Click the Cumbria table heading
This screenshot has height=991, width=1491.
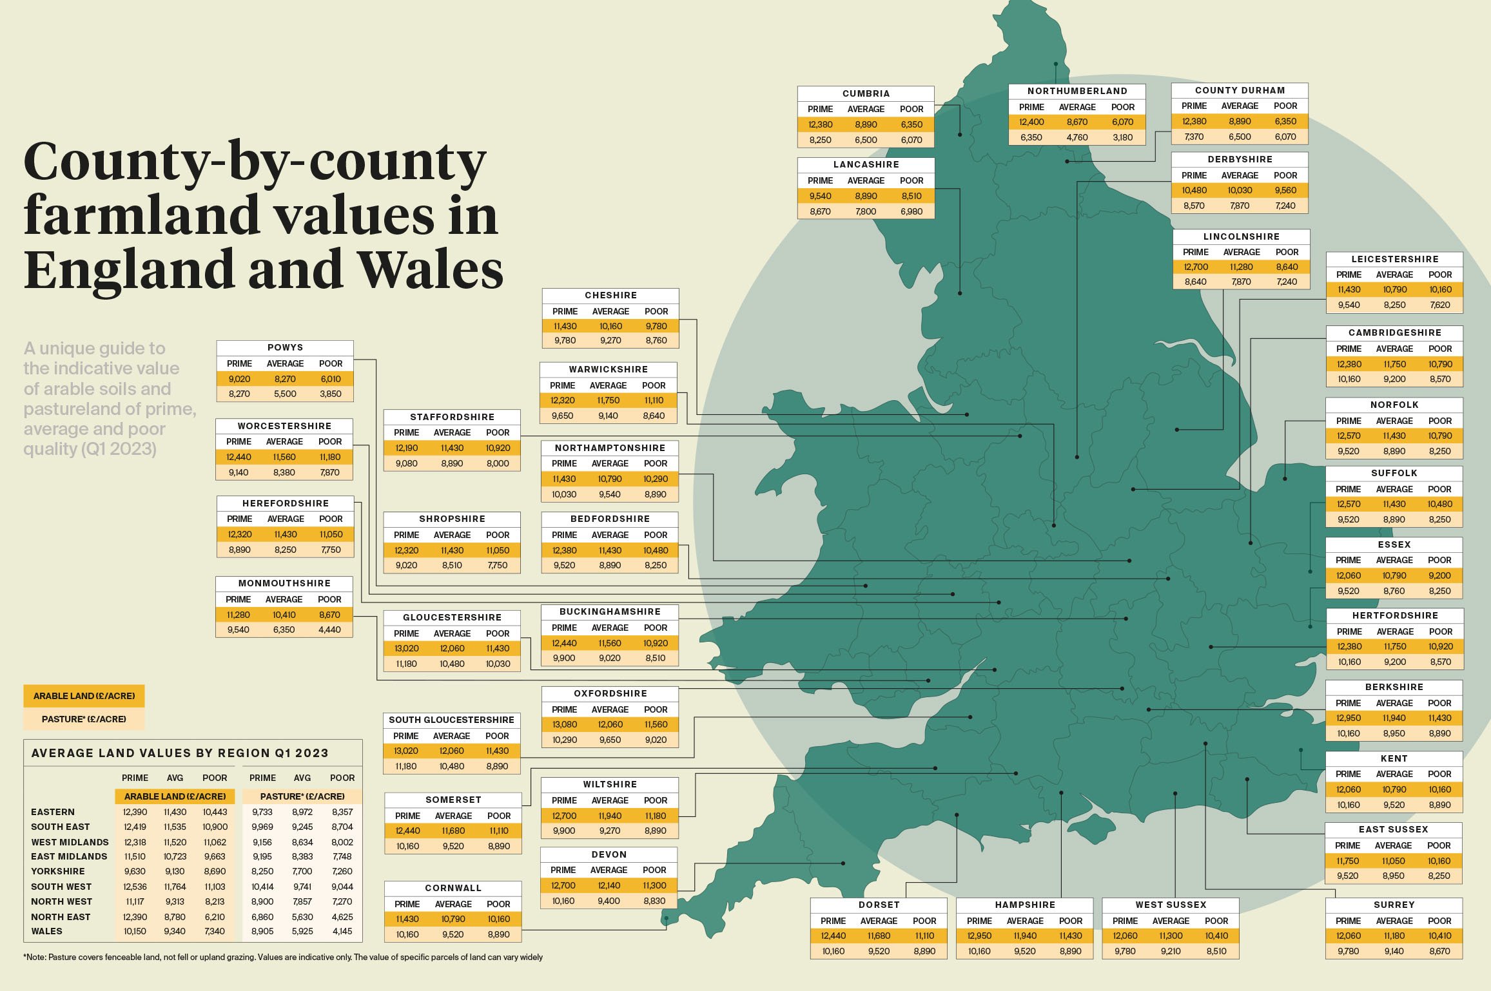click(x=865, y=93)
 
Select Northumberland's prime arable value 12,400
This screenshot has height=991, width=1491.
click(x=1031, y=122)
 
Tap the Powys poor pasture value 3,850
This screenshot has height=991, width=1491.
click(x=330, y=394)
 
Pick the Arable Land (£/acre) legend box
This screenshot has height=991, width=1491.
click(x=84, y=696)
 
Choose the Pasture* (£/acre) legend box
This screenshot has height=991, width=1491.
click(x=84, y=719)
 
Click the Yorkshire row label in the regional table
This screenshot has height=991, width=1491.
click(x=58, y=871)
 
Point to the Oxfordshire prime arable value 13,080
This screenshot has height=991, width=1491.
click(x=565, y=724)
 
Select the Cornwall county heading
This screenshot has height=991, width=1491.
click(x=453, y=888)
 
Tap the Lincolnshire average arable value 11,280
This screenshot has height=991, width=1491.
click(x=1241, y=267)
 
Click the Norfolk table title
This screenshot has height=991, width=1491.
click(x=1394, y=405)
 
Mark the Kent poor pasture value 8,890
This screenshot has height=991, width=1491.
click(x=1439, y=805)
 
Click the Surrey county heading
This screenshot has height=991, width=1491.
click(x=1394, y=905)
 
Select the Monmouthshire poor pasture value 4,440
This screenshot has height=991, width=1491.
click(x=329, y=630)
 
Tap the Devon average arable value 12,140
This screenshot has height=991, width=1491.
click(x=609, y=885)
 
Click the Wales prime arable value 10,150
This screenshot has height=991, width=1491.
click(x=135, y=931)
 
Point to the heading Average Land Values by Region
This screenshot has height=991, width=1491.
click(x=180, y=753)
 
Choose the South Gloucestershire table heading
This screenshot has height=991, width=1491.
click(x=451, y=720)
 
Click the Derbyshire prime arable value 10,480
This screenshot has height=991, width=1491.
click(x=1194, y=190)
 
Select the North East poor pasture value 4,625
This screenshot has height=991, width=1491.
click(x=342, y=916)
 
